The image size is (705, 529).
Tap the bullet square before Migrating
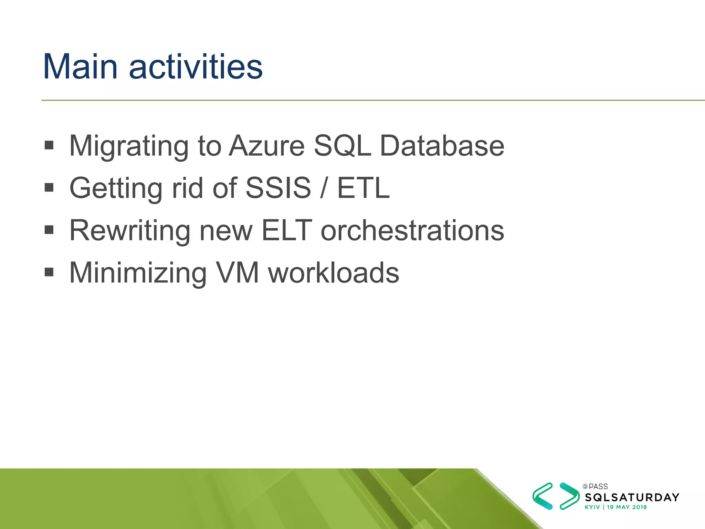point(49,145)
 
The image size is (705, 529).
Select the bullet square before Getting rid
point(49,187)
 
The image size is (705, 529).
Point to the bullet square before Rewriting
point(49,230)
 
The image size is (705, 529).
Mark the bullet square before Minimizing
point(49,272)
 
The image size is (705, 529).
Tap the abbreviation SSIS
point(278,188)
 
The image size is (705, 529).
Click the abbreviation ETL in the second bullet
point(363,188)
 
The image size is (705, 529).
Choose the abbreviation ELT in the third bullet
point(286,230)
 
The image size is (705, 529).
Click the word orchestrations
point(412,230)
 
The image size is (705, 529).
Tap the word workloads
point(334,273)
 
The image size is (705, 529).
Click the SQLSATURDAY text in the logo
point(632,497)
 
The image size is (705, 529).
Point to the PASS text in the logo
point(598,487)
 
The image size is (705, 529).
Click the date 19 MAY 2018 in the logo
point(627,507)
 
